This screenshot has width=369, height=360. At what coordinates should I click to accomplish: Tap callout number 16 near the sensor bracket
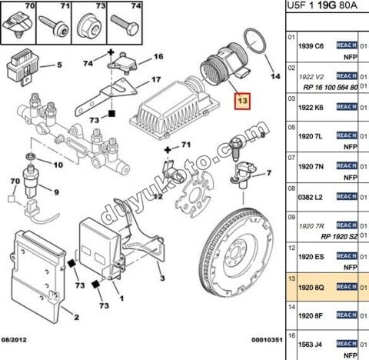coord(158,57)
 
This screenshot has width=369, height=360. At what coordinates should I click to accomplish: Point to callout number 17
coord(155,79)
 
